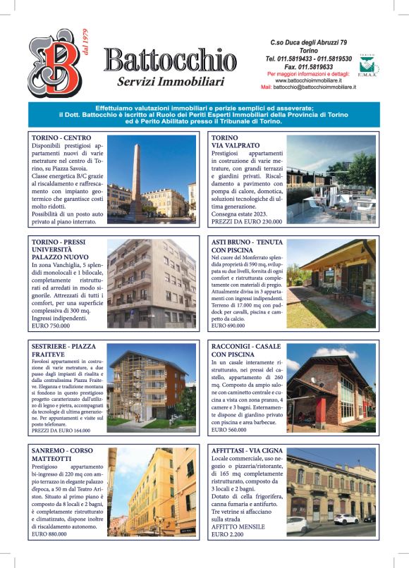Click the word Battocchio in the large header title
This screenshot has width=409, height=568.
[x=170, y=60]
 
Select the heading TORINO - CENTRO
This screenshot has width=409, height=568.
[x=61, y=137]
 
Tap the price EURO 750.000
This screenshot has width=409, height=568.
[x=50, y=327]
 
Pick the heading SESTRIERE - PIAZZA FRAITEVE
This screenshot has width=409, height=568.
[x=64, y=350]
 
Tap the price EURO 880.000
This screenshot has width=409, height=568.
[x=49, y=534]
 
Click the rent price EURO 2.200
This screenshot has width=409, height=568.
[x=228, y=535]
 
